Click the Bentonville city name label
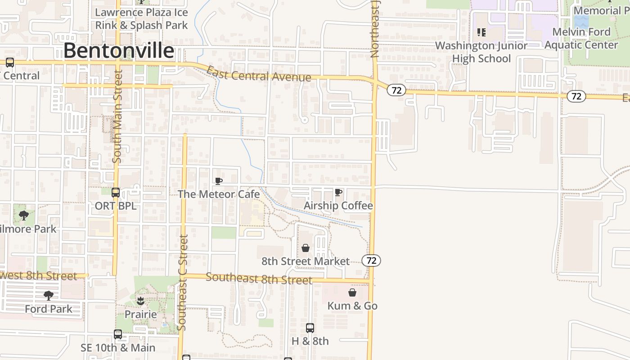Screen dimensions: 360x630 pos(118,51)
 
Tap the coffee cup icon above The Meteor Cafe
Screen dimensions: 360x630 pos(219,181)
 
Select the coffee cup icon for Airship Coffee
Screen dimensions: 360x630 pos(338,193)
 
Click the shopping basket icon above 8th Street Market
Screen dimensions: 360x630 pos(306,248)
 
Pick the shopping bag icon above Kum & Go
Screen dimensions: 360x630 pos(352,293)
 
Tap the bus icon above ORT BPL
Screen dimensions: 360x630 pos(116,193)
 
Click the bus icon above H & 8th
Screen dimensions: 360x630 pos(310,328)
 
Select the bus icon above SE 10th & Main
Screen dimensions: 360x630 pos(118,334)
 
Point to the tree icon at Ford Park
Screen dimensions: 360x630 pos(49,296)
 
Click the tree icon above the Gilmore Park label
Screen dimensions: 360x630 pos(24,216)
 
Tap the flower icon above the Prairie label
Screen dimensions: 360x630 pos(141,301)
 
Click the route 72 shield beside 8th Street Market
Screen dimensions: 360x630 pos(371,260)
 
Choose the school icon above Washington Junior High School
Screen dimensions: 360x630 pos(481,32)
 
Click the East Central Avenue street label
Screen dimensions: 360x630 pos(259,74)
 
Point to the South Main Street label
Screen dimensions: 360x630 pos(117,116)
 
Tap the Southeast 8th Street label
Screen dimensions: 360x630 pos(259,279)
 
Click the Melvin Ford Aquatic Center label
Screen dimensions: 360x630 pos(581,38)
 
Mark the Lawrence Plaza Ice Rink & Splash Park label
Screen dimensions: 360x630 pos(141,18)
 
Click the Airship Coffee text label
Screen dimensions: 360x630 pos(338,206)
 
